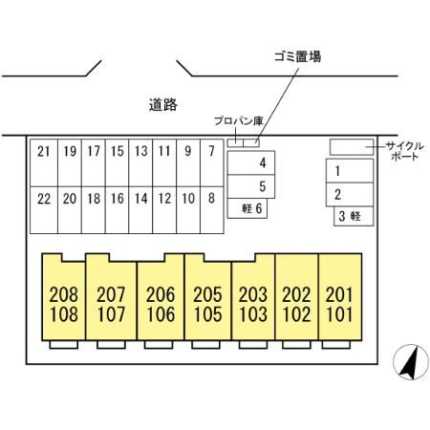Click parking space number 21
[x=44, y=162]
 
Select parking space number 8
[x=212, y=210]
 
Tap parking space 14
[x=140, y=210]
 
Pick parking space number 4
[x=251, y=162]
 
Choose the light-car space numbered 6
[x=247, y=208]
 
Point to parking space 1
[x=350, y=171]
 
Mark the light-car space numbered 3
[x=354, y=216]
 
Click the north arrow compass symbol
[x=411, y=362]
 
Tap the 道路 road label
[x=163, y=105]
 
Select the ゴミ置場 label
[x=297, y=56]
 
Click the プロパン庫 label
[x=239, y=121]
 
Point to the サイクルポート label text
[x=405, y=151]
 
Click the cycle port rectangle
[x=352, y=147]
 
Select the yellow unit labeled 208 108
[x=64, y=297]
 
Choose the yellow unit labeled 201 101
[x=340, y=297]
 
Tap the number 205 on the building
[x=207, y=294]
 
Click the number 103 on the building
[x=253, y=314]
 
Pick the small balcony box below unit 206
[x=159, y=345]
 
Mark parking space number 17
[x=94, y=162]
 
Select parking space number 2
[x=350, y=195]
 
